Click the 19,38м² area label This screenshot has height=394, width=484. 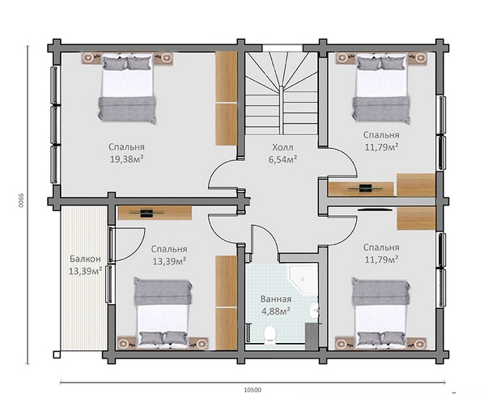click(126, 159)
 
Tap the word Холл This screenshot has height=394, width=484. click(282, 147)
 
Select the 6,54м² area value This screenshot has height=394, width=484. click(282, 159)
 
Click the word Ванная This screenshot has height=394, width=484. click(276, 299)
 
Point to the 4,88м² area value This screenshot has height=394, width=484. click(276, 311)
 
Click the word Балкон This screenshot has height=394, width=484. click(85, 259)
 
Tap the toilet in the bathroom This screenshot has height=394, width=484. click(270, 334)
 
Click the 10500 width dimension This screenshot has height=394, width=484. click(253, 390)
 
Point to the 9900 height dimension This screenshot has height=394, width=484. click(20, 201)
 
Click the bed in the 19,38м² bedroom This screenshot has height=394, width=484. click(127, 88)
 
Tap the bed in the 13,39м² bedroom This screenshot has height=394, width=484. click(163, 312)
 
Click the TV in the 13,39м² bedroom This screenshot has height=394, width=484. click(146, 214)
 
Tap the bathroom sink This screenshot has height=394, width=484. click(314, 310)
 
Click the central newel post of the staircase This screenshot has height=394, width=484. click(281, 110)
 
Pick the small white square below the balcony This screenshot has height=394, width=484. click(57, 354)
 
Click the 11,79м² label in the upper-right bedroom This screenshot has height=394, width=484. click(381, 147)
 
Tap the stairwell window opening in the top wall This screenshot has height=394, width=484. click(282, 48)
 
